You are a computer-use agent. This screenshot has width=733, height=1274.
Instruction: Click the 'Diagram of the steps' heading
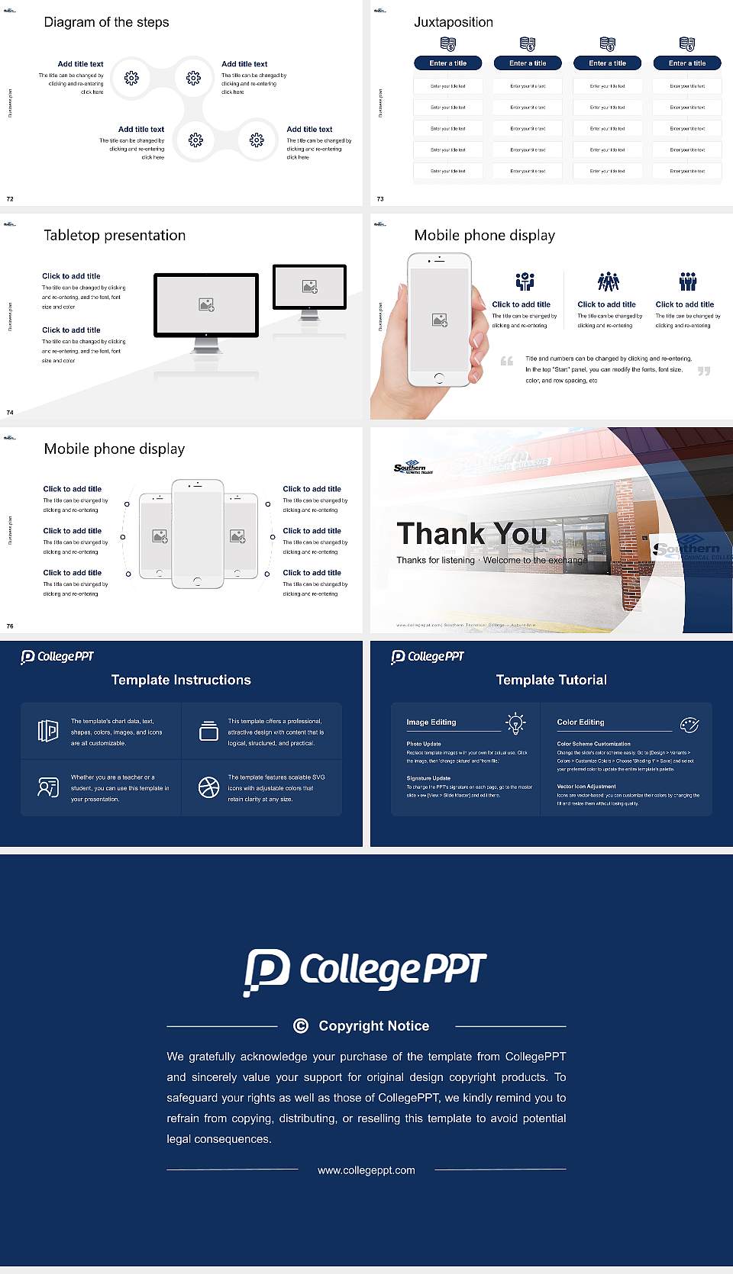(x=106, y=22)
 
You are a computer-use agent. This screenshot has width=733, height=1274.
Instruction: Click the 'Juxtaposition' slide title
(x=453, y=22)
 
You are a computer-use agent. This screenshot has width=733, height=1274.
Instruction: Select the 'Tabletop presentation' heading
(x=115, y=236)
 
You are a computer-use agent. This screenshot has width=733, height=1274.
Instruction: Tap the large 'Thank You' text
(x=472, y=533)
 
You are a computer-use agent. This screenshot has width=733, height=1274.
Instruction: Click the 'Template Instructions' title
(x=181, y=680)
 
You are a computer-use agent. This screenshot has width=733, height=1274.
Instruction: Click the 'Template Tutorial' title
(x=551, y=680)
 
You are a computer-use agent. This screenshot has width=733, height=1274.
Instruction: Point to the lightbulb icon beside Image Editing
(x=515, y=723)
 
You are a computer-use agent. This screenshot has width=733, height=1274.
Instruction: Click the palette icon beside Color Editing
(x=689, y=725)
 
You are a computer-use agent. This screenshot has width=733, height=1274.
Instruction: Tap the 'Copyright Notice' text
(x=373, y=1026)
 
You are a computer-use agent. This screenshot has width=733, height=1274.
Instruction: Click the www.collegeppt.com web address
(x=366, y=1170)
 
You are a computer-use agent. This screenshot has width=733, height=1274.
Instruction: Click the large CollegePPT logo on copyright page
(x=365, y=971)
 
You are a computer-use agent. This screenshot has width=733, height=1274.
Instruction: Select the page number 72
(x=10, y=199)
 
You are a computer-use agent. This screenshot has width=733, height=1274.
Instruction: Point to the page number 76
(x=10, y=626)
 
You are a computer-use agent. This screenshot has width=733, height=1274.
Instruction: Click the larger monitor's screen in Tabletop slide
(x=206, y=304)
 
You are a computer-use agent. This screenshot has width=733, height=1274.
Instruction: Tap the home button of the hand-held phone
(x=438, y=378)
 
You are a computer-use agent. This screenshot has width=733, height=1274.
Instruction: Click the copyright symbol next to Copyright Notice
(x=301, y=1026)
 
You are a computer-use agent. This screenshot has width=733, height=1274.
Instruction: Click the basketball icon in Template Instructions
(x=208, y=787)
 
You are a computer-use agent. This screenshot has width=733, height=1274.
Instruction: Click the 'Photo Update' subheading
(x=424, y=744)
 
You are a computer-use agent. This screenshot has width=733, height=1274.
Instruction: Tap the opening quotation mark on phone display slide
(x=507, y=361)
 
